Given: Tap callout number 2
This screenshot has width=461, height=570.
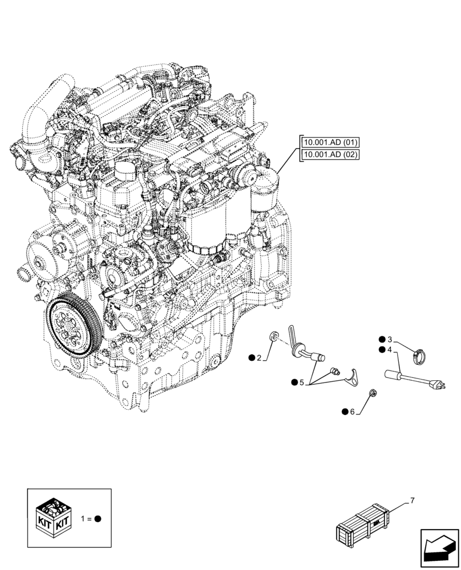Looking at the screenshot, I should [x=258, y=358].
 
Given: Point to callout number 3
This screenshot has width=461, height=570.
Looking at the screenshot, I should [x=390, y=339].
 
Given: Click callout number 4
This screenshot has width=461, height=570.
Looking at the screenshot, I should [x=390, y=349].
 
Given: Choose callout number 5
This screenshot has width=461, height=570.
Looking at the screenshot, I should [x=302, y=382].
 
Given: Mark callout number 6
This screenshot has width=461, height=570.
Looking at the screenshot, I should [x=353, y=412].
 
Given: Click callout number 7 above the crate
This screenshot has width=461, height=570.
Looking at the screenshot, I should [x=412, y=501].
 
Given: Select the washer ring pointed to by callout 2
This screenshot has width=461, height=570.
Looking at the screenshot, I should [x=273, y=336].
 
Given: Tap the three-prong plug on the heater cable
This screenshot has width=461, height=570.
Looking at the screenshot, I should [x=439, y=385].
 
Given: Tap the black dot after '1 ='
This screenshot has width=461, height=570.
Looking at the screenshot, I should [x=98, y=519].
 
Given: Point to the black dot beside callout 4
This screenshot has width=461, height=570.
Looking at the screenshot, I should [x=381, y=349].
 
